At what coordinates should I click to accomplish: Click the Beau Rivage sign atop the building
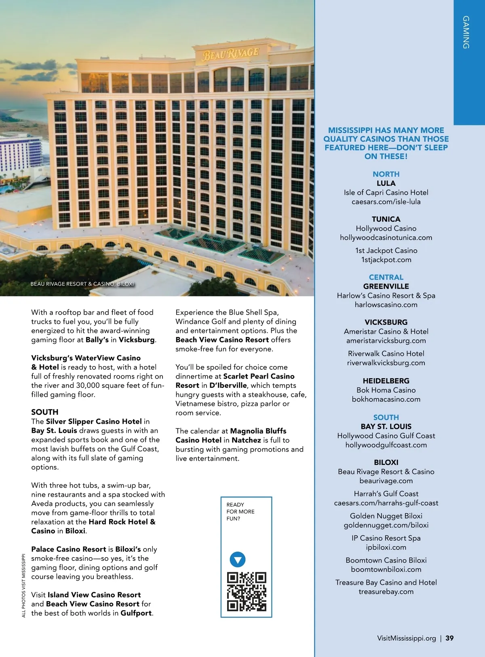pyautogui.click(x=231, y=53)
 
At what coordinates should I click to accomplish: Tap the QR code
pyautogui.click(x=247, y=591)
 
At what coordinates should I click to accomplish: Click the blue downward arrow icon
pyautogui.click(x=238, y=560)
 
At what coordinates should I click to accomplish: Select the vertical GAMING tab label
pyautogui.click(x=466, y=32)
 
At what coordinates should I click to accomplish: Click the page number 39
pyautogui.click(x=449, y=638)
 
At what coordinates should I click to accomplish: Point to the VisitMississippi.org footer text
pyautogui.click(x=406, y=638)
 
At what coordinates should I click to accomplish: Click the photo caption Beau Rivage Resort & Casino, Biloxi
pyautogui.click(x=82, y=284)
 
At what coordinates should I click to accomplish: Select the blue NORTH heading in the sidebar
pyautogui.click(x=386, y=174)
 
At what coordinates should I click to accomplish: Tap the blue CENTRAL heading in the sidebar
pyautogui.click(x=386, y=277)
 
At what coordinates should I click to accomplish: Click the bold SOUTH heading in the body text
pyautogui.click(x=45, y=412)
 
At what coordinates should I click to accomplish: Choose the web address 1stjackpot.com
pyautogui.click(x=386, y=260)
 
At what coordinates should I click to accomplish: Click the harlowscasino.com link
pyautogui.click(x=386, y=305)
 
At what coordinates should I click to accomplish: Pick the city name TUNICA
pyautogui.click(x=386, y=219)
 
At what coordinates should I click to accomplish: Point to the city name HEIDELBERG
pyautogui.click(x=386, y=381)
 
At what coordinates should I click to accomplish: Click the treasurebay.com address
pyautogui.click(x=386, y=592)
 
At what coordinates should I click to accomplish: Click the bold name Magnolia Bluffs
pyautogui.click(x=258, y=431)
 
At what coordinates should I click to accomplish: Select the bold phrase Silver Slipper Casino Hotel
pyautogui.click(x=94, y=421)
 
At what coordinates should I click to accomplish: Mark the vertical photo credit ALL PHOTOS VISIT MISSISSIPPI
pyautogui.click(x=23, y=585)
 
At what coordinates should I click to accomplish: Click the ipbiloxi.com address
pyautogui.click(x=386, y=547)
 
